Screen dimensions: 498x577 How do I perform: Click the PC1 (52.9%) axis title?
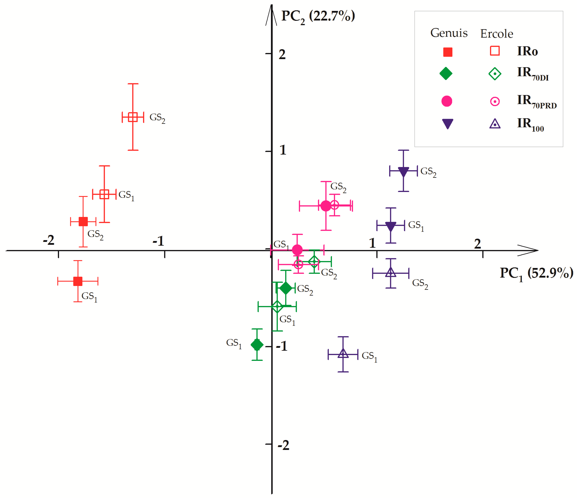point(536,274)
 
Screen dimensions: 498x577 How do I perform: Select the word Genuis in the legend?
point(449,33)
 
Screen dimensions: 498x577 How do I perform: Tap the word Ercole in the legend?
point(497,34)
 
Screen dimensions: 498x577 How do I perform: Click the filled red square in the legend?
point(448,52)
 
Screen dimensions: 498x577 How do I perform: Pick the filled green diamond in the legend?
point(446,73)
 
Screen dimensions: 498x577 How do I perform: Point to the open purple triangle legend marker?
point(495,124)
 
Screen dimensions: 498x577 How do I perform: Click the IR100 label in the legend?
point(530,124)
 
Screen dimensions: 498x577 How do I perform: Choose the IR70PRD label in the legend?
point(536,101)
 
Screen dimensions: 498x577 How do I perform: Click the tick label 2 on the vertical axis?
point(282,55)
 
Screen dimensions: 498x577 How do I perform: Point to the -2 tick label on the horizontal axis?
point(49,240)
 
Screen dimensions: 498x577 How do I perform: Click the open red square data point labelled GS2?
point(133,117)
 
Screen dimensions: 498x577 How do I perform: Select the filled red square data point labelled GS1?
point(78,281)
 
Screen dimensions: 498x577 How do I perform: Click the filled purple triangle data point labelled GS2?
point(403,171)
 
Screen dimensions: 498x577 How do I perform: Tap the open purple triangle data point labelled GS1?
point(343,354)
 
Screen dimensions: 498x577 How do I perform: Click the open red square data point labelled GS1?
point(104,194)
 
